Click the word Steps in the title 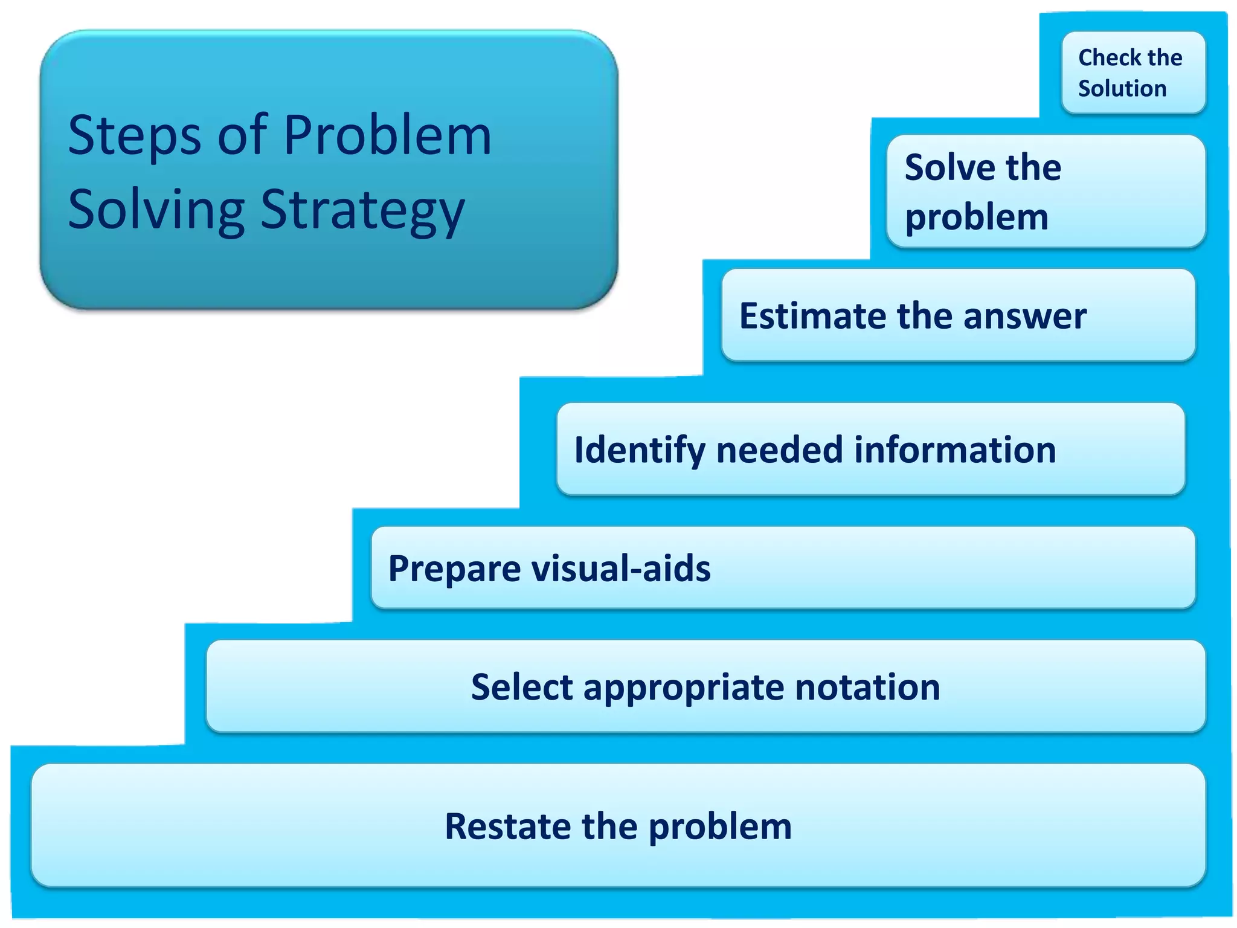click(134, 135)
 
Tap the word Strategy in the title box click(362, 210)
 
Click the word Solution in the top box click(1122, 89)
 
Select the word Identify click(639, 451)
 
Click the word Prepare click(454, 569)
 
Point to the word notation click(867, 688)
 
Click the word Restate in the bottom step click(507, 826)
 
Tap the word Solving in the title click(156, 210)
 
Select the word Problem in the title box click(387, 135)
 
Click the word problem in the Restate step click(720, 827)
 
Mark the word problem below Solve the click(976, 217)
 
